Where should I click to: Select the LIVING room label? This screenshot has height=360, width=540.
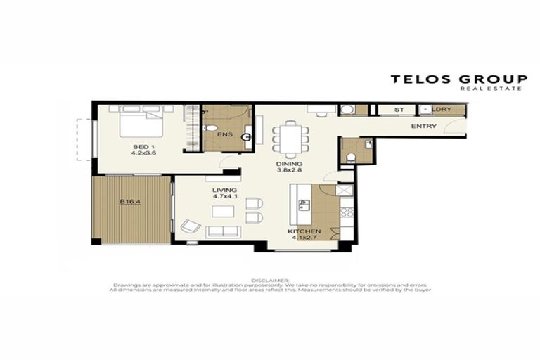tap(225, 190)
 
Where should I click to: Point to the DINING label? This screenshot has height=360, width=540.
tap(288, 163)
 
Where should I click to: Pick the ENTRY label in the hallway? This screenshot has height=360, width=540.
tap(424, 127)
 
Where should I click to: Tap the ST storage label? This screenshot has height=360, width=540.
tap(399, 110)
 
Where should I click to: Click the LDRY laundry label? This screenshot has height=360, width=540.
tap(443, 110)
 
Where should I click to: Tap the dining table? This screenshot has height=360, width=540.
tap(290, 137)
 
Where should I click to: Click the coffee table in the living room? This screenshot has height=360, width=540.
tap(224, 212)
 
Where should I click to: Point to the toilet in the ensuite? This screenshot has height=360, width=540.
tap(213, 129)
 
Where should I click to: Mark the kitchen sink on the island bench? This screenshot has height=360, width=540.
tap(304, 205)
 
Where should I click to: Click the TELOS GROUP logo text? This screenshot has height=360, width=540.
tap(459, 79)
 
